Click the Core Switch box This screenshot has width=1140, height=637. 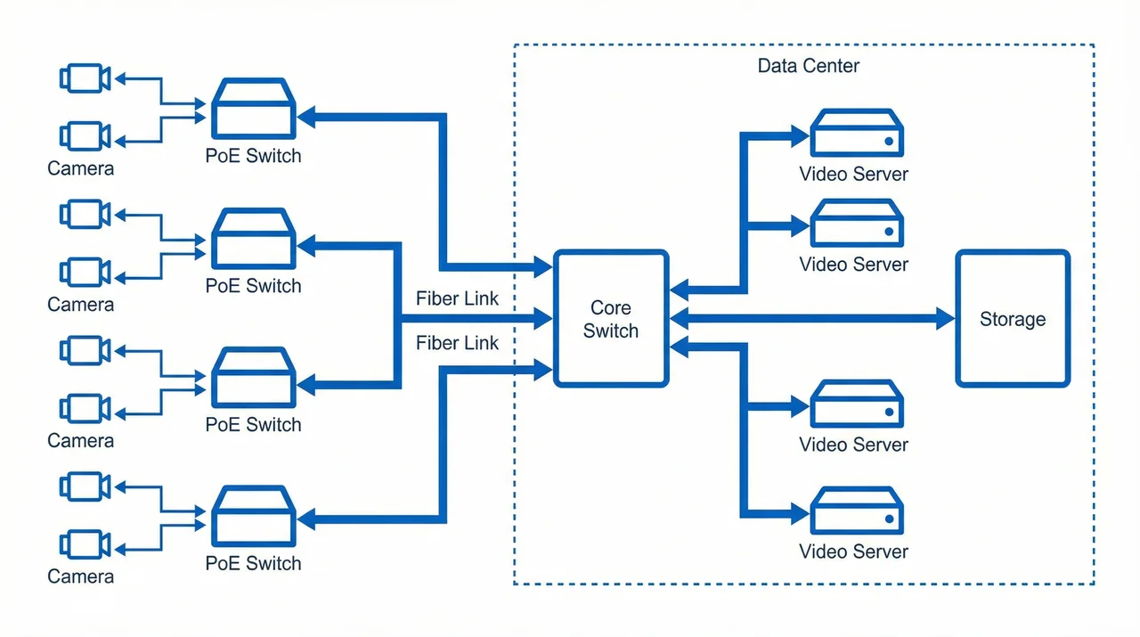click(611, 319)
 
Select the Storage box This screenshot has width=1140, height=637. click(1013, 319)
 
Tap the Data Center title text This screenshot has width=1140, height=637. click(808, 66)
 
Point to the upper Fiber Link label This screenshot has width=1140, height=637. click(457, 298)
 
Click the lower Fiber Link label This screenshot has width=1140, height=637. click(457, 343)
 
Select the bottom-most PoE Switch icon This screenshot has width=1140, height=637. click(253, 517)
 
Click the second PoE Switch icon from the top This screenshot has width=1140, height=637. click(253, 239)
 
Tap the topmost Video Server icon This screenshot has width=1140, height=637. click(857, 133)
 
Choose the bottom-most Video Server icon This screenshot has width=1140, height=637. click(857, 510)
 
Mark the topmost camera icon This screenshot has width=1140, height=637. click(85, 78)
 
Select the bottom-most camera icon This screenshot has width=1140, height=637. click(85, 544)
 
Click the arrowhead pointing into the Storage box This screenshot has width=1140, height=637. click(945, 319)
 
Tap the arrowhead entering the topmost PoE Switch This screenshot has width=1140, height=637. click(305, 116)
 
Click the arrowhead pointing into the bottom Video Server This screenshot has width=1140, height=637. click(799, 514)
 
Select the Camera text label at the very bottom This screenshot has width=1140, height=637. click(80, 576)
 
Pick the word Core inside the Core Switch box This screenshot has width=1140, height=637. click(611, 308)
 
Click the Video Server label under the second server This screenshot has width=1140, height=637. click(853, 265)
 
